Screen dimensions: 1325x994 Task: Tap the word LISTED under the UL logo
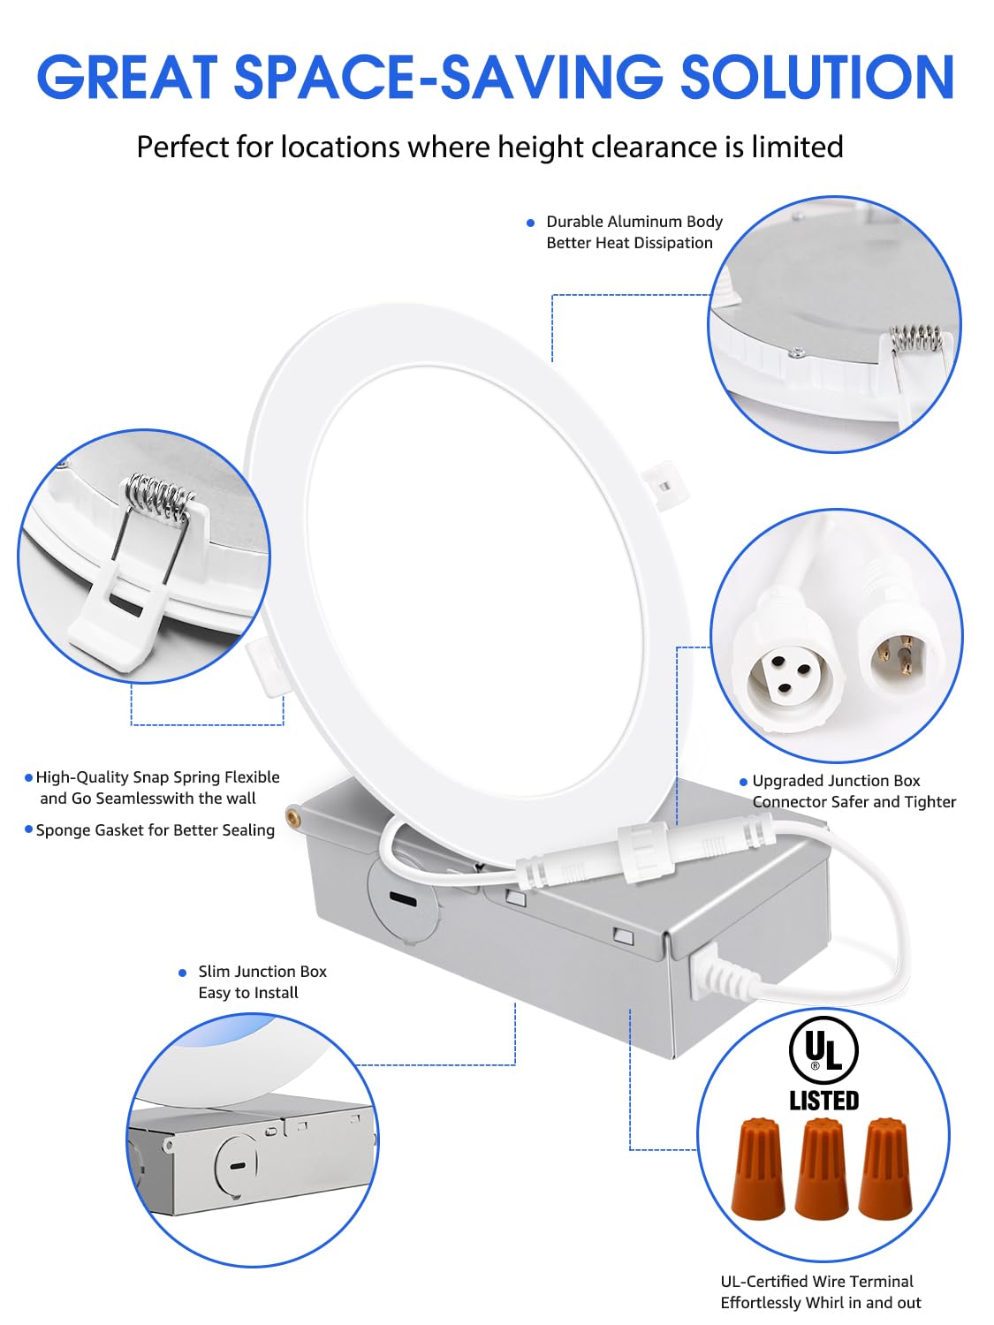823,1101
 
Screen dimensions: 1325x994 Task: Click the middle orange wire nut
822,1168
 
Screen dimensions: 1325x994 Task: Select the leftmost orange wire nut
758,1168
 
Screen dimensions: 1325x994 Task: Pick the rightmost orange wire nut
885,1168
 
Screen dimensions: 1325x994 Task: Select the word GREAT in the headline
127,78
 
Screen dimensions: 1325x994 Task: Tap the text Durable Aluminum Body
634,222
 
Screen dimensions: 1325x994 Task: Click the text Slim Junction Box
262,972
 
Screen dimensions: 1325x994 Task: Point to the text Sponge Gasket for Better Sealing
155,830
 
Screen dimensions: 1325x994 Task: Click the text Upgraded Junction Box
836,781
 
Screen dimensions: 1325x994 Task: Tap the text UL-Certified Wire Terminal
816,1281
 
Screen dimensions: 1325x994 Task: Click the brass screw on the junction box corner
292,812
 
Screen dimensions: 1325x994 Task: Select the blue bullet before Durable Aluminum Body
530,223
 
